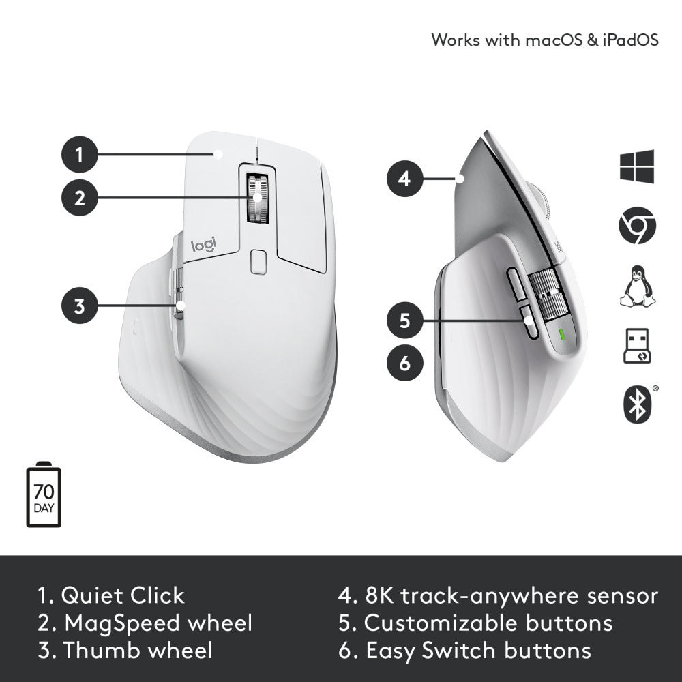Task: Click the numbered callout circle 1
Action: pos(79,154)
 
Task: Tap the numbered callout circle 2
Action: pos(79,198)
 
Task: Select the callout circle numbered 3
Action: pos(79,306)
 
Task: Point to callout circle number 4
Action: pos(404,179)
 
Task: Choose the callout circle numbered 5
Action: pos(404,320)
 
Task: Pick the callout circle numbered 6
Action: pos(404,363)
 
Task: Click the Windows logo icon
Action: pos(637,167)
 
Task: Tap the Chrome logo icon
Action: pos(637,227)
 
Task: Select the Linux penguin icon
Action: pos(637,286)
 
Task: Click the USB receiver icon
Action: pos(637,346)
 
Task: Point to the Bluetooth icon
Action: pos(637,404)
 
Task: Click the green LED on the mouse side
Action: pos(561,335)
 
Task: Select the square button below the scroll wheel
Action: pos(258,262)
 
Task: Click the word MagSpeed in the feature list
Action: pos(123,623)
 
